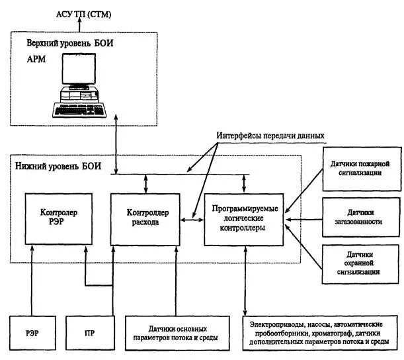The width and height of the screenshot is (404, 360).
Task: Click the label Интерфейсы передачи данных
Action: tap(270, 135)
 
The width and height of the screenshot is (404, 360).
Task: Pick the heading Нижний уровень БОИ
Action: tap(58, 166)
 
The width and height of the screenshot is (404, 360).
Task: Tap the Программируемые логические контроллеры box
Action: tap(245, 218)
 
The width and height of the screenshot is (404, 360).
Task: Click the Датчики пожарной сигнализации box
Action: tap(361, 168)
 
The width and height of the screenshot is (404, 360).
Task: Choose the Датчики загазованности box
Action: tap(361, 216)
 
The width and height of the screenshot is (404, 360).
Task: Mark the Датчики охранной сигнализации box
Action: tap(361, 262)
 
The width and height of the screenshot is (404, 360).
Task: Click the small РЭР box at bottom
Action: tap(31, 333)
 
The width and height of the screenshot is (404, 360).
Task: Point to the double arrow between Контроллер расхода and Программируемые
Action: tap(192, 220)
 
